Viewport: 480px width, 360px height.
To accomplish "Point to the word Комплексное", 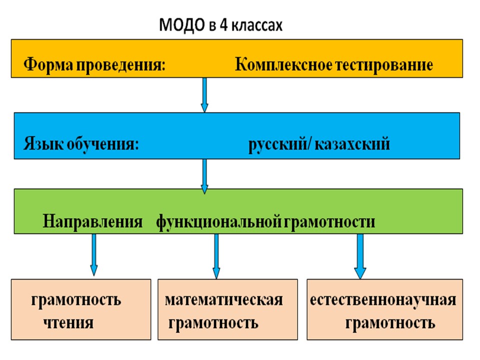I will [282, 65].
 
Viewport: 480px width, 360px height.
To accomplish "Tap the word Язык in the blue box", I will [38, 145].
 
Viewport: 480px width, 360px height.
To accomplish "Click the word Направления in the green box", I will [92, 221].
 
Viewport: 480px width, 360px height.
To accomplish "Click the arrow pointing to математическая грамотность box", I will [216, 255].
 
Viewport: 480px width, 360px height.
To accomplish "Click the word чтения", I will [68, 322].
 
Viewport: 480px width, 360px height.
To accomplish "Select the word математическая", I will [223, 300].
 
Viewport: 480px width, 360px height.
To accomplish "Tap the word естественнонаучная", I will [382, 300].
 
